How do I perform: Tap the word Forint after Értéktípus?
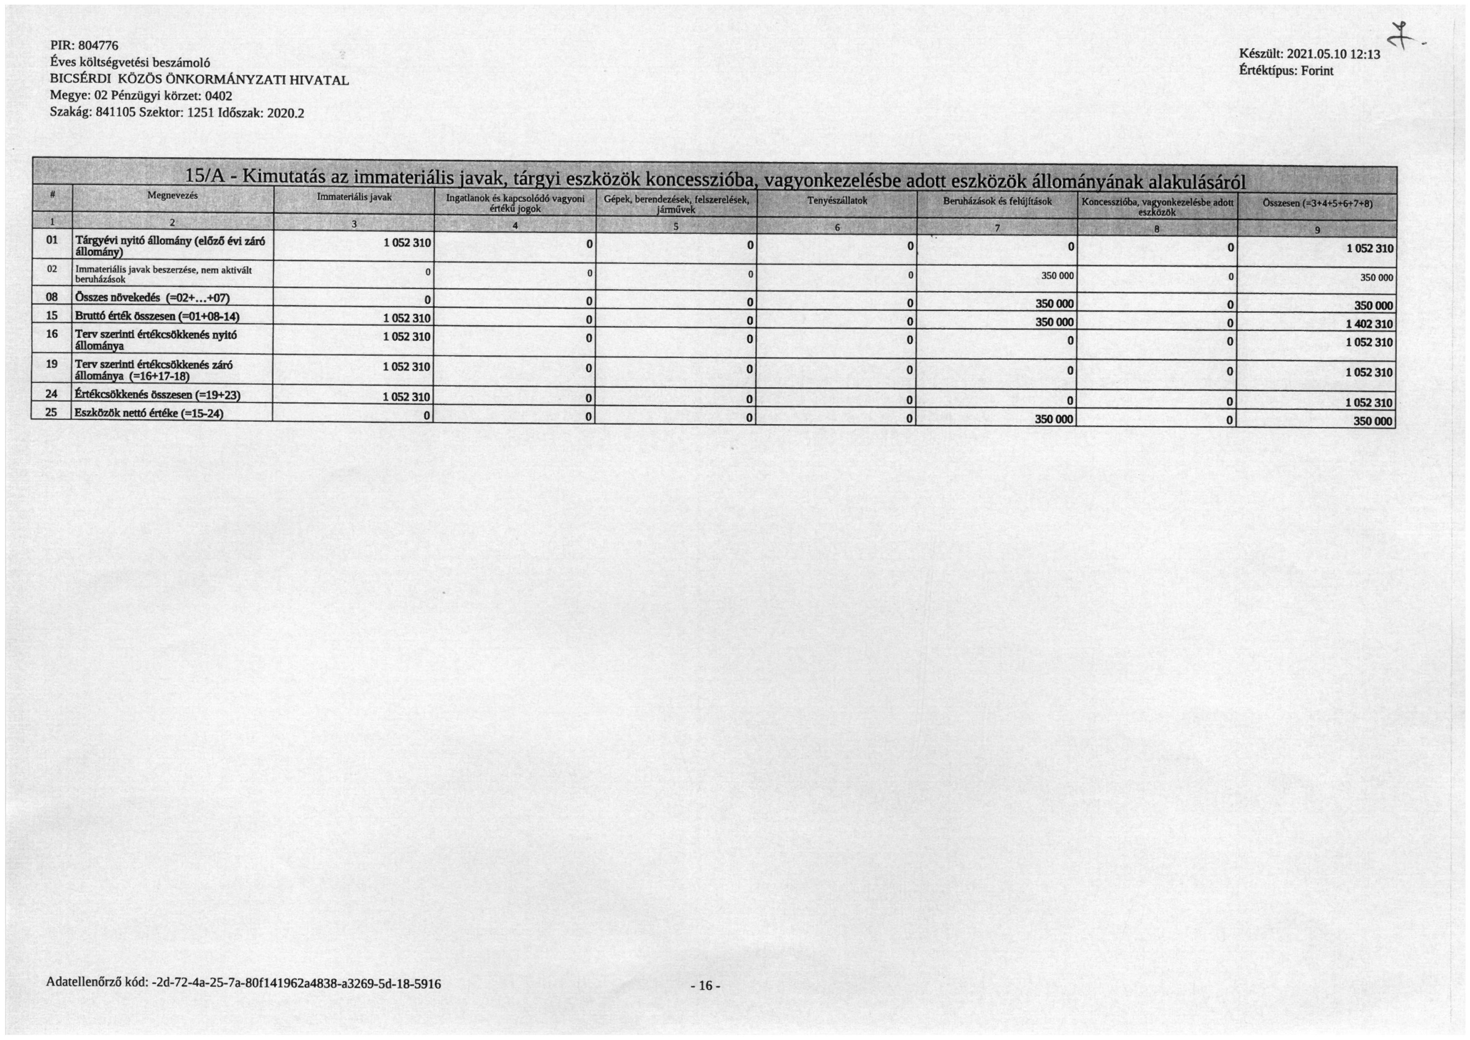1317,71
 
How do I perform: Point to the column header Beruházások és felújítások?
998,202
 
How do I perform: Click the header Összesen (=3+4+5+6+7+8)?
1317,204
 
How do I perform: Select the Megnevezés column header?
172,195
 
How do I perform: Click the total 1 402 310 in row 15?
1369,324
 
